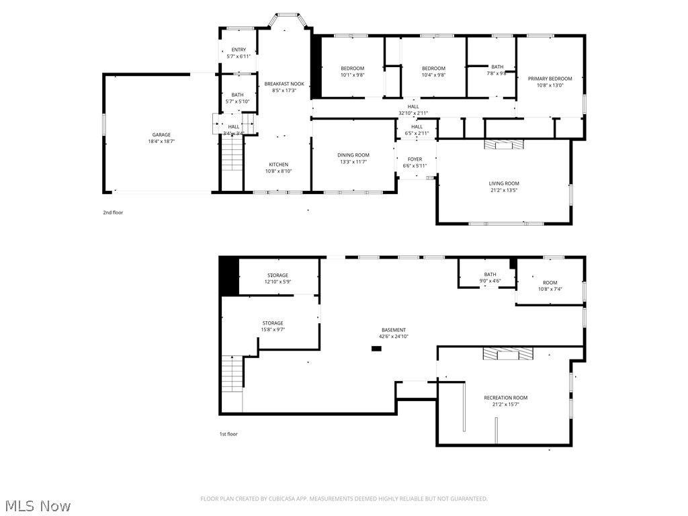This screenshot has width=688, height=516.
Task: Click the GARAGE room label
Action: tap(161, 134)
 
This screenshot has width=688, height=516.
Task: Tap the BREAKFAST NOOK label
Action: tap(284, 84)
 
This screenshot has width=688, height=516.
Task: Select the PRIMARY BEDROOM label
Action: tap(550, 79)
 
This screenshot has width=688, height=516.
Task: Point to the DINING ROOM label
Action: tap(353, 155)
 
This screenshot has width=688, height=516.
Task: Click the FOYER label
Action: tap(415, 159)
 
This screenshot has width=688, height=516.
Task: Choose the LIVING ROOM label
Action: tap(504, 183)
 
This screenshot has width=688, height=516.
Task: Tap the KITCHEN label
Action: tap(279, 165)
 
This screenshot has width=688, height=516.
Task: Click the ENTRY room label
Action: tap(239, 50)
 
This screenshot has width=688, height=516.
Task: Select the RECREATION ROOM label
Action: tap(505, 398)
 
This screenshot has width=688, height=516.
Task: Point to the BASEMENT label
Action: tap(394, 330)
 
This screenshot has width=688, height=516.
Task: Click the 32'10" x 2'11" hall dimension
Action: tap(413, 113)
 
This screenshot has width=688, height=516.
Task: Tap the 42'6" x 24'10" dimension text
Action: tap(394, 337)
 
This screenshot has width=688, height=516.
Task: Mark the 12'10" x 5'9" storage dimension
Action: tap(277, 282)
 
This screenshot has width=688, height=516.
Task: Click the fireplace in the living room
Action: tap(504, 144)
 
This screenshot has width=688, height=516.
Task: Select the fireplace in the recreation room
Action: tap(509, 353)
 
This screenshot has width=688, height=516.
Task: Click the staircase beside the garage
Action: tap(232, 153)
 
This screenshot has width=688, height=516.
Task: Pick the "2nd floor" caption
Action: tap(113, 212)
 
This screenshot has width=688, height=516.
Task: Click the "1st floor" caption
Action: tap(228, 434)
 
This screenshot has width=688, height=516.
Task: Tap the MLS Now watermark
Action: tap(38, 506)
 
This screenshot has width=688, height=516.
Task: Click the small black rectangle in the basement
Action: tap(376, 349)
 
